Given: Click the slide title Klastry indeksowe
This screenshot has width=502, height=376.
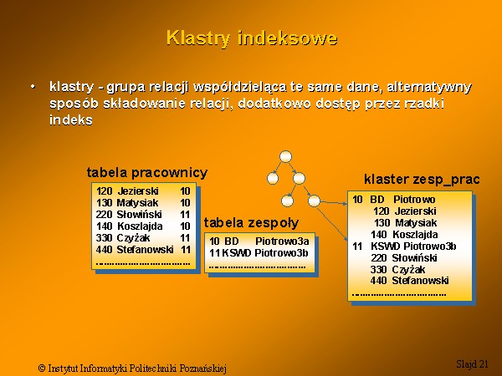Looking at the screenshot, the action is tap(252, 38).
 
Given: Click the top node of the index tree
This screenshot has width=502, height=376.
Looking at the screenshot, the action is tap(285, 157).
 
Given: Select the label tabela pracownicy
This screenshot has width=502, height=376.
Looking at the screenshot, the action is tap(147, 173).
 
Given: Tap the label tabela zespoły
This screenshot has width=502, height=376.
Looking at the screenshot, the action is tap(251, 223).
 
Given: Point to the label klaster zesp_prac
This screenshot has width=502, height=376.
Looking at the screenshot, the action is tap(422, 180).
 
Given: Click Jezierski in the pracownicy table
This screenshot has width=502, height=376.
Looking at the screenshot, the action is tap(138, 191).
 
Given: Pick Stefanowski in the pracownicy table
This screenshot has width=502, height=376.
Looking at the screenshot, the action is tap(145, 249).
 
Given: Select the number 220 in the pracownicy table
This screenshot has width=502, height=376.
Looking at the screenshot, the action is tap(104, 215).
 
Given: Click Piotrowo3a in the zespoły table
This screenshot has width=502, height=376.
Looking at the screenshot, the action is tap(282, 241).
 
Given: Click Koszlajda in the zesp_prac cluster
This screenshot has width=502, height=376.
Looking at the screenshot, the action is tap(415, 235).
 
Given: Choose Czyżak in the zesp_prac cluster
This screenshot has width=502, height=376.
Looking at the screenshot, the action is tap(408, 270).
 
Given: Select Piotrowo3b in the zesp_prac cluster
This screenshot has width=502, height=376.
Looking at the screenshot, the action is tap(430, 246).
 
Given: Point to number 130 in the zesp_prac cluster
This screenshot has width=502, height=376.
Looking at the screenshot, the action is tap(382, 223).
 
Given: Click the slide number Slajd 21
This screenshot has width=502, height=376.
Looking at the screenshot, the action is tap(472, 363).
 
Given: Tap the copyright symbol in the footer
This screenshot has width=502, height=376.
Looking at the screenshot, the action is tap(42, 368).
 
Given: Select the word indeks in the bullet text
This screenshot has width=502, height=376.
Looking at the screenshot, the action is tap(71, 119).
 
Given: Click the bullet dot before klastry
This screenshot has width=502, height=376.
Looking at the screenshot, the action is tap(33, 87).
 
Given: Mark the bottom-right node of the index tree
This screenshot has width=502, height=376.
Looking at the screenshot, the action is tap(314, 201).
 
